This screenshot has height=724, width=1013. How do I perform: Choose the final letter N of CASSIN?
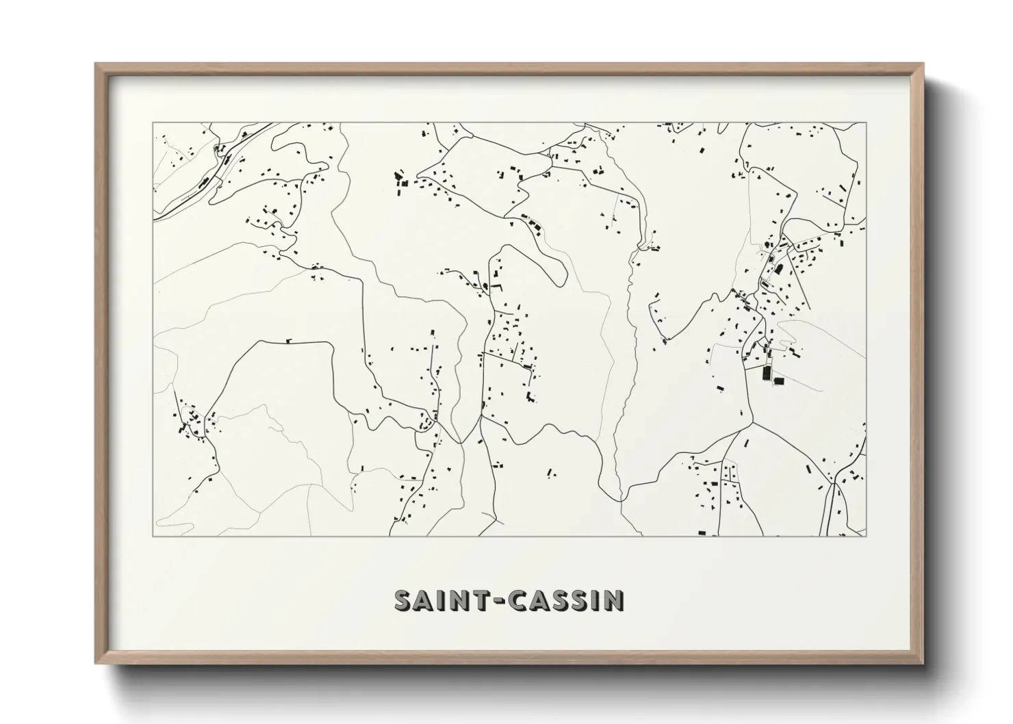tap(615, 600)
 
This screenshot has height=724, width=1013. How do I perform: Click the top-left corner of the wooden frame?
tap(96, 64)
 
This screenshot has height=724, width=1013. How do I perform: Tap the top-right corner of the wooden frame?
tap(923, 64)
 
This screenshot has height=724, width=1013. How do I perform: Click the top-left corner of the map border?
tap(153, 123)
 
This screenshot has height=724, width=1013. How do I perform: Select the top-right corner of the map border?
tap(866, 123)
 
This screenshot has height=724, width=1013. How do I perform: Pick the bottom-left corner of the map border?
tap(153, 536)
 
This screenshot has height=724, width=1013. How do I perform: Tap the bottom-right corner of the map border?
tap(866, 536)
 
